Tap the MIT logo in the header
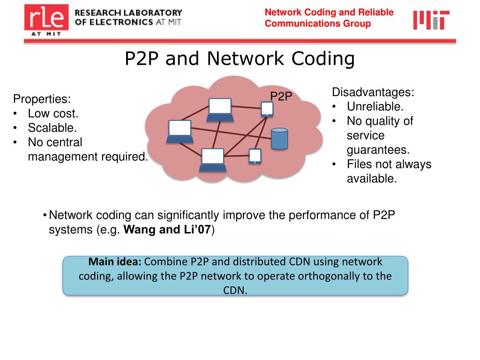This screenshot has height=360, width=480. [431, 20]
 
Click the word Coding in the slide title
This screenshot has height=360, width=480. [323, 59]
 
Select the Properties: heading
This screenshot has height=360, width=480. [42, 99]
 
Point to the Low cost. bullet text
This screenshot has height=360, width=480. [53, 113]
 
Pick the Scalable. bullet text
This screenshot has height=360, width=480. [52, 127]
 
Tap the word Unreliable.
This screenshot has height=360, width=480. [375, 106]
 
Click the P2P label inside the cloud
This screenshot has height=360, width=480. [281, 97]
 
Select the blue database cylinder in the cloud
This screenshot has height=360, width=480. [279, 138]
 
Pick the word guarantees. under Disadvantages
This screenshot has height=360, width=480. [378, 150]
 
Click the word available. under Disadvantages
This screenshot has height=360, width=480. [372, 179]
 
